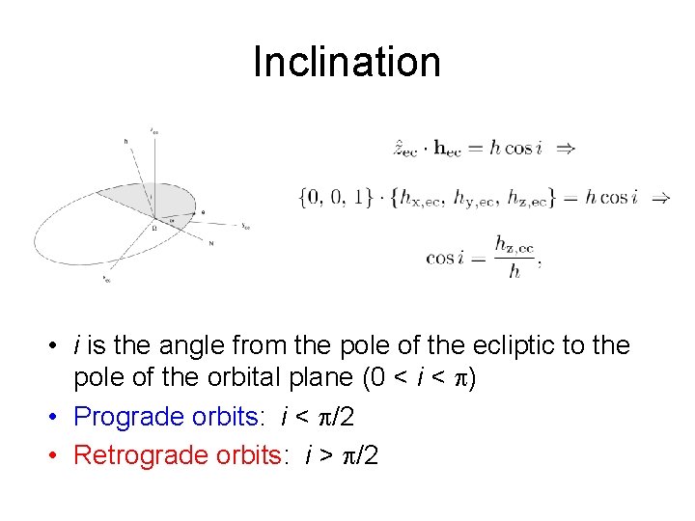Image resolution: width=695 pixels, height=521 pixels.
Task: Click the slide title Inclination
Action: (347, 62)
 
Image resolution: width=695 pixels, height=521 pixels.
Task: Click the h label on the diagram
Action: (125, 141)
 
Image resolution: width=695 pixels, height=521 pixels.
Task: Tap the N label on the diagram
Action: (210, 243)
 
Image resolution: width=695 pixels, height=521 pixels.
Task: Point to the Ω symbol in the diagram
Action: (153, 228)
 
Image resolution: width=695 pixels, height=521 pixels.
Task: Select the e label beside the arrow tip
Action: (202, 211)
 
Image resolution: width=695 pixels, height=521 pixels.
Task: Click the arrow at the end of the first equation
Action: (567, 149)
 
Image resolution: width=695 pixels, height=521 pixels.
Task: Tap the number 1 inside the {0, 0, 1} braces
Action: (360, 198)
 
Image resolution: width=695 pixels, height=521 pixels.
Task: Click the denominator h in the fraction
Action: (514, 271)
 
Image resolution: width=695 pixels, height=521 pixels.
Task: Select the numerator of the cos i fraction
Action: (514, 247)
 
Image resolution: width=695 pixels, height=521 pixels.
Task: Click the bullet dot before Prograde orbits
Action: (60, 417)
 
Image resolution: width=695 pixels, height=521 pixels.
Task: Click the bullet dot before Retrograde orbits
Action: (60, 454)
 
